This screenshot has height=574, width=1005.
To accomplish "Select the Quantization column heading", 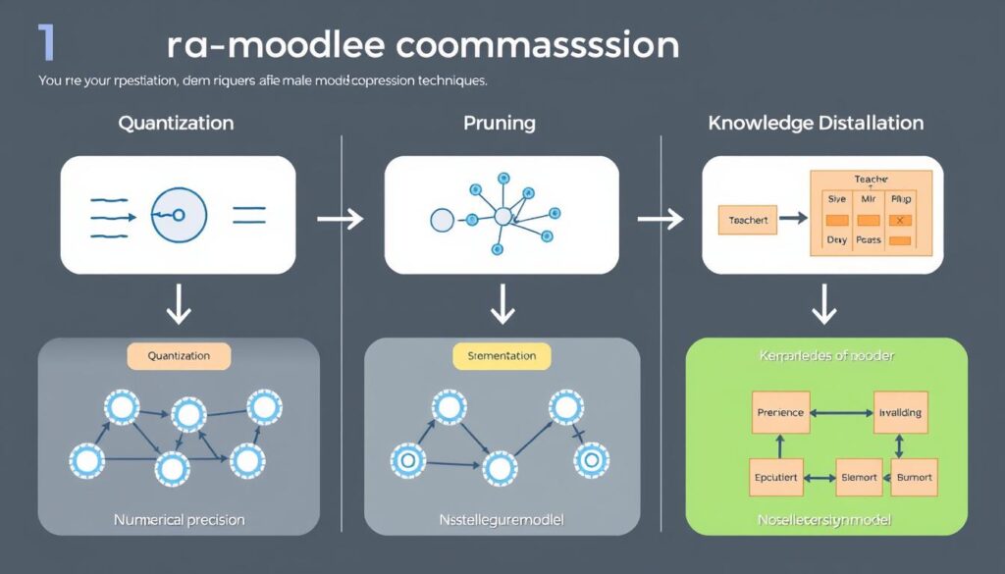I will coord(176,124).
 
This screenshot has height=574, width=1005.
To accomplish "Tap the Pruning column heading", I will coord(499,124).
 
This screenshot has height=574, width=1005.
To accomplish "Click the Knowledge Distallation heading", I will coord(816,124).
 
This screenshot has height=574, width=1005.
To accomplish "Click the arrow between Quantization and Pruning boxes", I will coord(341,218).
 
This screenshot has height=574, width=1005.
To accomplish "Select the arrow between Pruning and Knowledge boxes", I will coord(661,218).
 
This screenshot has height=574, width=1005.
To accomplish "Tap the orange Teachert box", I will coord(748,221).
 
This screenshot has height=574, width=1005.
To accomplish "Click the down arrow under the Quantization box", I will coord(179,306).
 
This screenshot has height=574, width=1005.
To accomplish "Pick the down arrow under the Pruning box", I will coord(502,306).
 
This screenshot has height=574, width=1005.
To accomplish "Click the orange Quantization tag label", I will coord(179,356).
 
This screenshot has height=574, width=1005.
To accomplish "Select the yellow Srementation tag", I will coord(502,356).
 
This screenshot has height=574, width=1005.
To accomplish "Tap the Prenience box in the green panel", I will coord(781,412).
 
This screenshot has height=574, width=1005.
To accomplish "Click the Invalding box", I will coord(900,412).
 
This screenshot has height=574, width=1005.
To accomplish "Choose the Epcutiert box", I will coord(776,478).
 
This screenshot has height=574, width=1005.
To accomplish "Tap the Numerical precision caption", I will coord(179,519).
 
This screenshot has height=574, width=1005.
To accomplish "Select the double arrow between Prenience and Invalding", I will coord(840,412).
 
